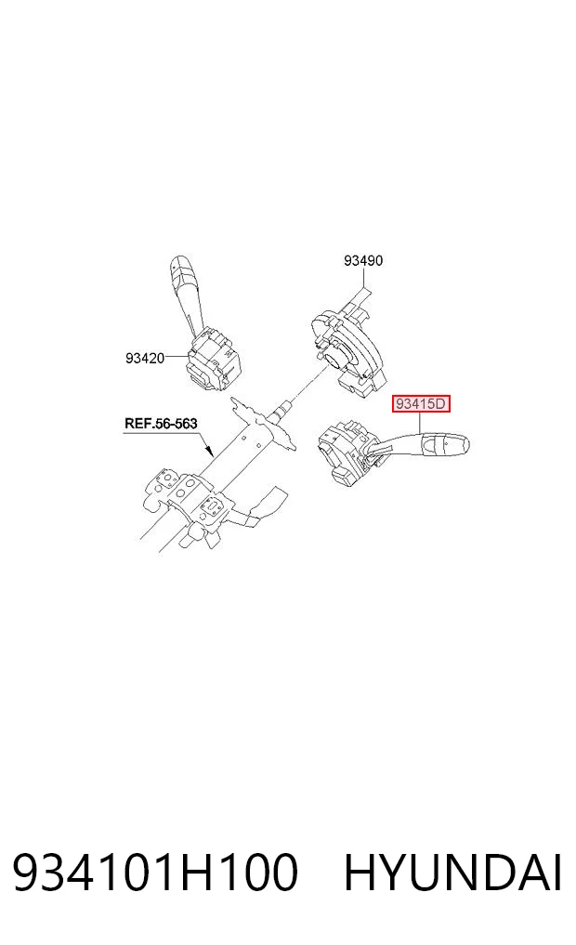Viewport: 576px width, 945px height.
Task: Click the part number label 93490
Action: (x=362, y=260)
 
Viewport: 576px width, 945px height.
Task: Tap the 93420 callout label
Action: (x=145, y=358)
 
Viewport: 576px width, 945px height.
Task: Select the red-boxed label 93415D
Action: (x=421, y=403)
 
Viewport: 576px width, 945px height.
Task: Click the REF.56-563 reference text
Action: (x=161, y=423)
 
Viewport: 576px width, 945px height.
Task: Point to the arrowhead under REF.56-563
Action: (x=209, y=450)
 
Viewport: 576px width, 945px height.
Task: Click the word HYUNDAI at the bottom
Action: (x=452, y=873)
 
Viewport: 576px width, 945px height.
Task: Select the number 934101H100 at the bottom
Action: (x=155, y=873)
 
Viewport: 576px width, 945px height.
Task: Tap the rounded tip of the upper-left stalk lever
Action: (x=181, y=263)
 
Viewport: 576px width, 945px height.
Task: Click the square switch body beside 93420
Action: (x=214, y=363)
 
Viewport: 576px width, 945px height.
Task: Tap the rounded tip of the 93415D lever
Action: (x=463, y=445)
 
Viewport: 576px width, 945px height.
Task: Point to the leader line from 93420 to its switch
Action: (x=177, y=358)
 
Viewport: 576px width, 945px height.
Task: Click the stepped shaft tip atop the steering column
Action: (x=281, y=411)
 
